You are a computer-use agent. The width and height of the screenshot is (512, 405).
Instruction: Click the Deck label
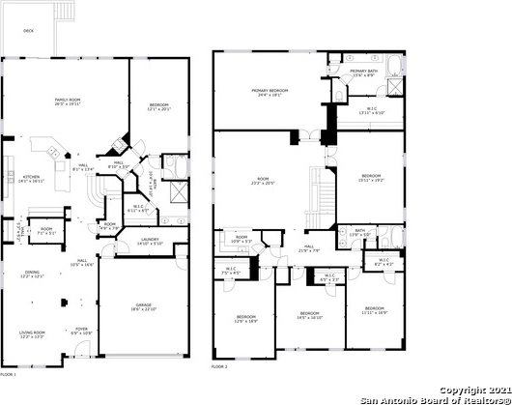point(28,31)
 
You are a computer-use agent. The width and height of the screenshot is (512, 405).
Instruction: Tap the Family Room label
point(68,101)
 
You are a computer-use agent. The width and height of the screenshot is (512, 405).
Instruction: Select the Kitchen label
point(30,178)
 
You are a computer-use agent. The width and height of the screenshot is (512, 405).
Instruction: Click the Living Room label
point(33,333)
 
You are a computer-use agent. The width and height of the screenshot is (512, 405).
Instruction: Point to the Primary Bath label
point(364,72)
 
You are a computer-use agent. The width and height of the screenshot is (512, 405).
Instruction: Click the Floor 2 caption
point(219,367)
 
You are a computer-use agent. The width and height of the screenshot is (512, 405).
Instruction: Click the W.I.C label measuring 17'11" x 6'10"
point(371,111)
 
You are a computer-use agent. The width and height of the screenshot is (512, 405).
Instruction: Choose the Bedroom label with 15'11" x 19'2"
point(372,177)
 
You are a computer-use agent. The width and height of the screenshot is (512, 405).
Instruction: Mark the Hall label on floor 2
point(310,246)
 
